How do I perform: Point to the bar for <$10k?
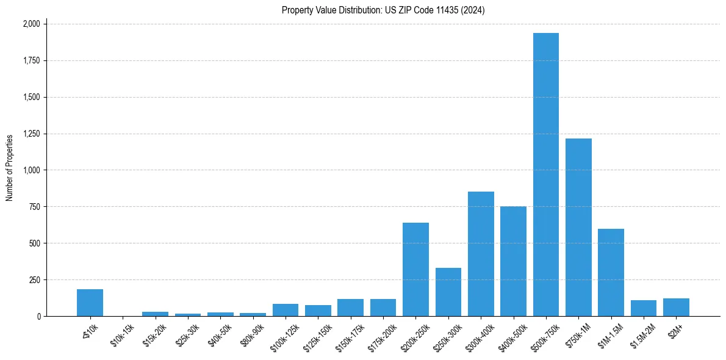point(90,303)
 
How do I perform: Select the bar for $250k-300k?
point(448,292)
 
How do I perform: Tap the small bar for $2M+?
point(676,308)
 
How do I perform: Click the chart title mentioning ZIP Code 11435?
point(383,10)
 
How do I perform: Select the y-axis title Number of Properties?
point(10,168)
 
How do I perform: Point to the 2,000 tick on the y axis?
point(31,24)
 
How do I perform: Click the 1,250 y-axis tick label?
point(31,134)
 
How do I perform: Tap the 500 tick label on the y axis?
point(35,243)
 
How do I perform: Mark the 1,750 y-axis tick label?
point(31,60)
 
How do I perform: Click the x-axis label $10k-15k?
point(123,335)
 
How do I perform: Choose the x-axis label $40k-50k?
point(220,335)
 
